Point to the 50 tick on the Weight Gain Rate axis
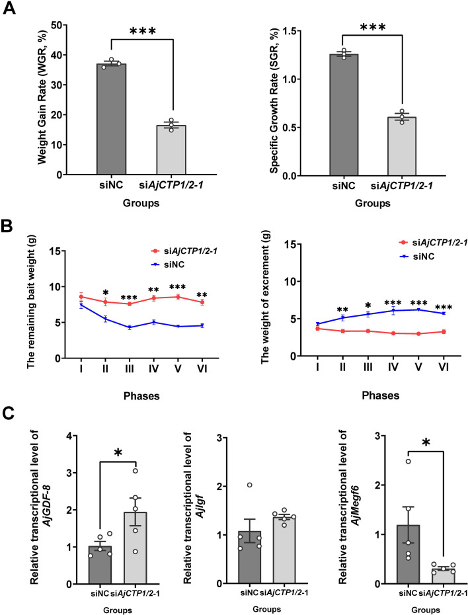pos(67,25)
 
